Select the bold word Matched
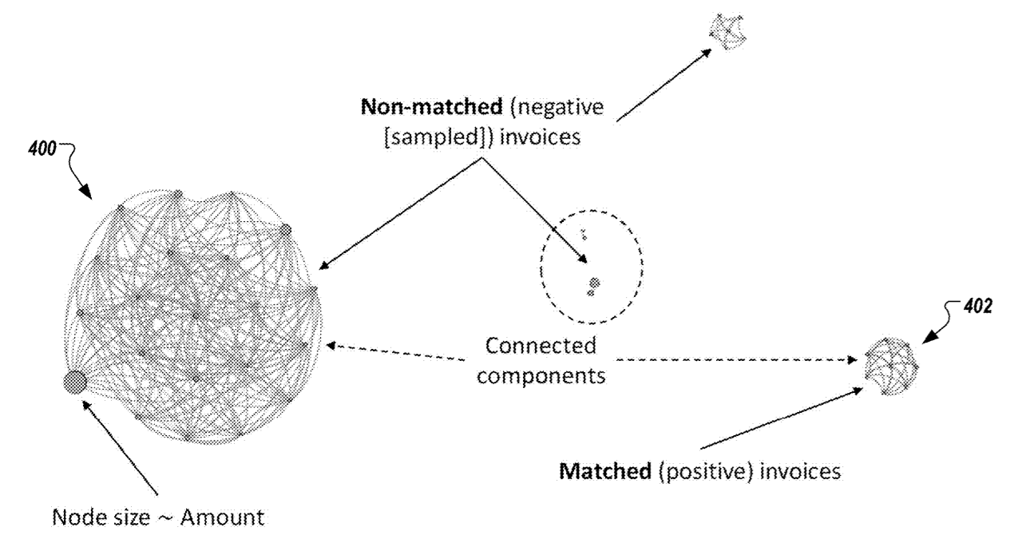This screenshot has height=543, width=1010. (x=604, y=471)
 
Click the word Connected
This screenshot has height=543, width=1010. (x=541, y=347)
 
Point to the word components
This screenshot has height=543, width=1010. (x=548, y=375)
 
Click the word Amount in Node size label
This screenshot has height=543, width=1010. (x=221, y=517)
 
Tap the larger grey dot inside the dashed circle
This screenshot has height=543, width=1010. (x=594, y=283)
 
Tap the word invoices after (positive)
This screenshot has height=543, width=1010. (x=800, y=471)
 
